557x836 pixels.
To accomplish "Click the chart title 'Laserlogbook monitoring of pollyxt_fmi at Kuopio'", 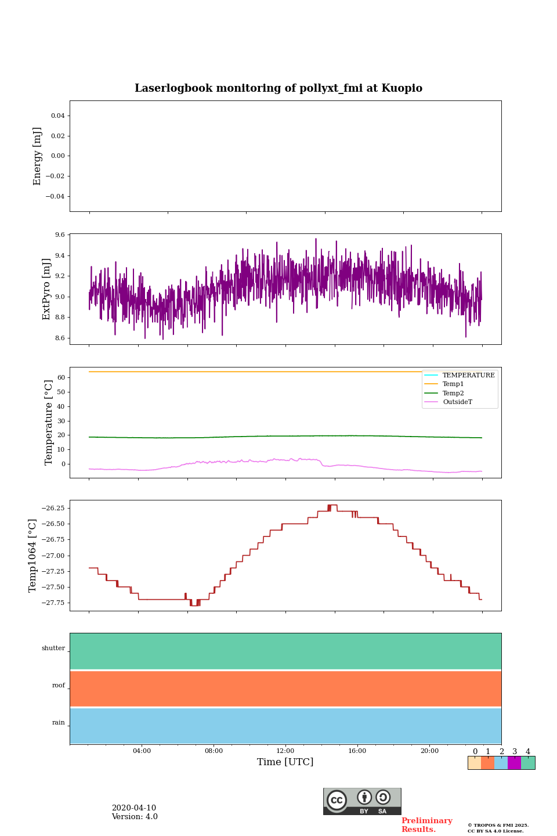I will (x=278, y=88).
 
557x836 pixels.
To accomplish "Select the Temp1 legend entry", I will (x=453, y=384).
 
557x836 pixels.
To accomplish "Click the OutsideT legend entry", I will (x=457, y=402).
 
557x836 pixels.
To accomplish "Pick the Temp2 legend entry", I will (x=453, y=394).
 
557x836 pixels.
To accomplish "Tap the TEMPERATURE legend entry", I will (x=468, y=376).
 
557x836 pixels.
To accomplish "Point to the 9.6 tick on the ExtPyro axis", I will (x=60, y=235).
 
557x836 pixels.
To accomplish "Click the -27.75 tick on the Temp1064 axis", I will (x=54, y=603).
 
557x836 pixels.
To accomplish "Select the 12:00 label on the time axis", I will (x=285, y=751).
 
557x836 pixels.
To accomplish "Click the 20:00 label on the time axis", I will (x=429, y=751).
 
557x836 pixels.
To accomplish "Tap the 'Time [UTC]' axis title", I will (x=285, y=762).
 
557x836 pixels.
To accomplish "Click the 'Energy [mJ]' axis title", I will (x=38, y=156).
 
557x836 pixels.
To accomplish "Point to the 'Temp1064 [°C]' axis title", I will (x=33, y=556).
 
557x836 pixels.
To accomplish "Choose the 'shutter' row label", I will (x=53, y=648).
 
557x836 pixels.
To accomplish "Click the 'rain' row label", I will (x=59, y=723).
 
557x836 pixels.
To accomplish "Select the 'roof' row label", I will (x=59, y=686).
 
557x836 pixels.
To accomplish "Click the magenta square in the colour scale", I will (x=514, y=763).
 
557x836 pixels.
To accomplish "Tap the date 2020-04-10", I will (x=134, y=808).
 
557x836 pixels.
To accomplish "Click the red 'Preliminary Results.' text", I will (x=426, y=825).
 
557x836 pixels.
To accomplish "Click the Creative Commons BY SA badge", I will (x=362, y=801).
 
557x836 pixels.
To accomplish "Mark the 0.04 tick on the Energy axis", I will (x=57, y=116).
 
